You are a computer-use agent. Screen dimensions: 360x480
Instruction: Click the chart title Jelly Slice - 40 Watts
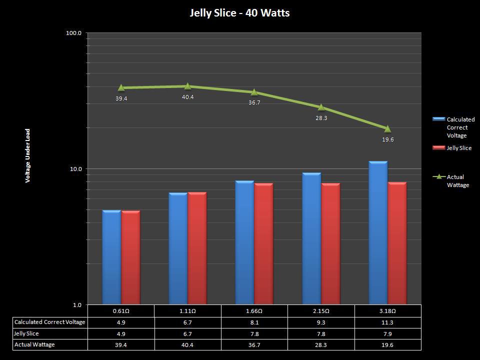click(x=239, y=13)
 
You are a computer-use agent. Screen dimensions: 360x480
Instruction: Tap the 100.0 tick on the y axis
click(x=74, y=33)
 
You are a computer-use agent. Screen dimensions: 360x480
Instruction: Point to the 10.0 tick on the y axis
click(x=75, y=169)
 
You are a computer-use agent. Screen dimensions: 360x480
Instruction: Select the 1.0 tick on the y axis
click(x=77, y=305)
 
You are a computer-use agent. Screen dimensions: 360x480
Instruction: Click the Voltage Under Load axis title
click(x=28, y=155)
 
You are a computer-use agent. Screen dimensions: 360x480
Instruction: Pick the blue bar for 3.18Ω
click(x=378, y=233)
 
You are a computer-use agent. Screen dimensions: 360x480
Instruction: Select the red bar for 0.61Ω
click(x=131, y=257)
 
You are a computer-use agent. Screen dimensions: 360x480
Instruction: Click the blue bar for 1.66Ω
click(x=244, y=242)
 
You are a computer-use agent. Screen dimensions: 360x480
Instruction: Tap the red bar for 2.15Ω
click(x=330, y=243)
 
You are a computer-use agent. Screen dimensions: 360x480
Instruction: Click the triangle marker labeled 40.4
click(x=187, y=86)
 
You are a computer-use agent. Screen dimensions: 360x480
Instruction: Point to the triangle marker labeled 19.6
click(x=387, y=129)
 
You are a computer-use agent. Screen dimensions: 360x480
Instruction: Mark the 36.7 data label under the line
click(x=254, y=102)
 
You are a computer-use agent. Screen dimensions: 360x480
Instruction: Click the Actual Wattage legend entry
click(x=457, y=181)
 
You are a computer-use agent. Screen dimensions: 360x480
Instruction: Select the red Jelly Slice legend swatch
click(x=438, y=148)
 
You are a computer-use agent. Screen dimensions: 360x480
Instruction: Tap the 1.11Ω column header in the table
click(x=187, y=311)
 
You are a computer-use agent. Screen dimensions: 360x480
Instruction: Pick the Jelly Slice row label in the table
click(x=26, y=333)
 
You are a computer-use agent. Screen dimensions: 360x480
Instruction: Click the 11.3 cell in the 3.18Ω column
click(x=387, y=322)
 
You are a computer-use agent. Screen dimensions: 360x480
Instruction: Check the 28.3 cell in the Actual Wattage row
click(x=321, y=344)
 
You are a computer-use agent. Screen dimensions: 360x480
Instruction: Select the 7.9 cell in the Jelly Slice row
click(x=387, y=333)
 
